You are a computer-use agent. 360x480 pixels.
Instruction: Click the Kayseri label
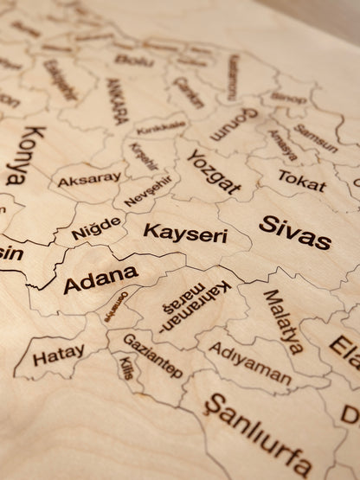pos(184,233)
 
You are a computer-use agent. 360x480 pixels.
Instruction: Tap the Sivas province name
pos(294,231)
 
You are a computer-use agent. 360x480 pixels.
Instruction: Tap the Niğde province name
pos(96,228)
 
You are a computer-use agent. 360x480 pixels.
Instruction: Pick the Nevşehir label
pos(148,190)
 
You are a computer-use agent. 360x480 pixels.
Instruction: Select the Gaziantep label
pos(152,355)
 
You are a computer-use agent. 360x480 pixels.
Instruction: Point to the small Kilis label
pos(127,369)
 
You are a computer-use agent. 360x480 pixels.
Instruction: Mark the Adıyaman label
pos(250,364)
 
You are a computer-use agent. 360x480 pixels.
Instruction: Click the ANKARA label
pos(117,103)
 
